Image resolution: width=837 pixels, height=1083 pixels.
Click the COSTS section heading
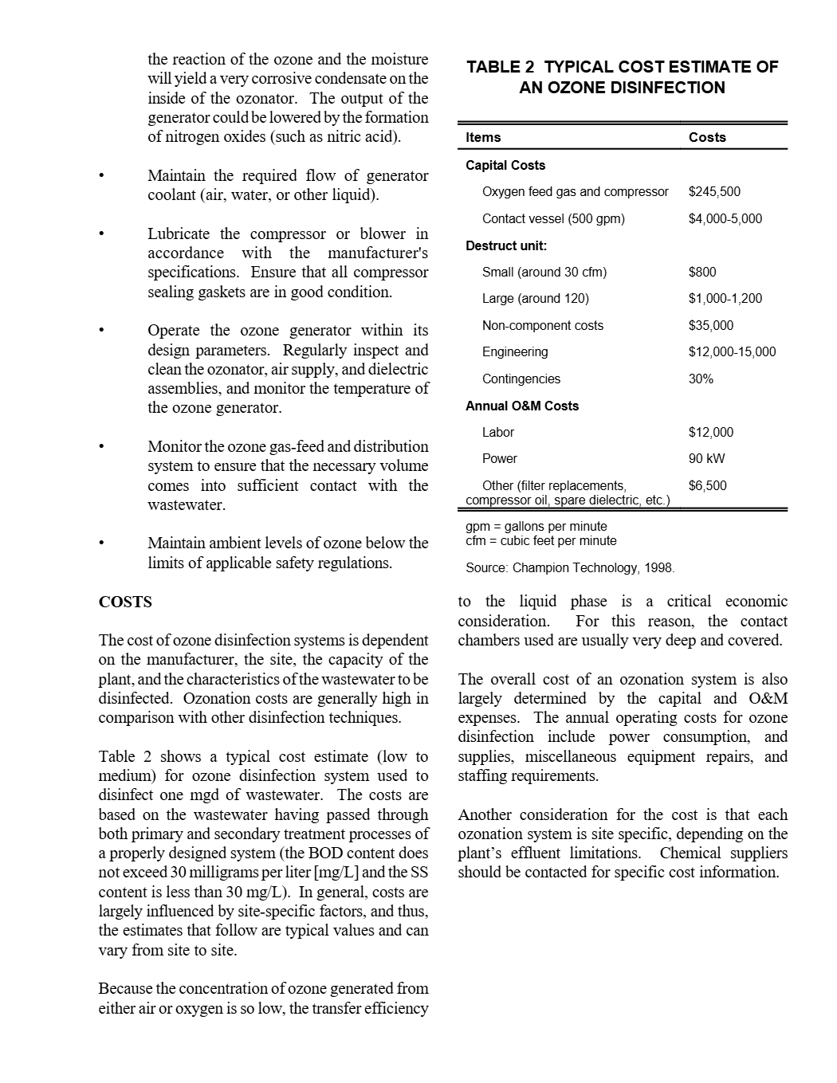[125, 602]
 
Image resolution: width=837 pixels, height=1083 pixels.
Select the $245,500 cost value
[714, 192]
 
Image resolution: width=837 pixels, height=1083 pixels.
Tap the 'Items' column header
[483, 138]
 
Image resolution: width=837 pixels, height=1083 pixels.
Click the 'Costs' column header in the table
[707, 138]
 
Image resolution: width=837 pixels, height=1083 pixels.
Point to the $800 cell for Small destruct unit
[702, 273]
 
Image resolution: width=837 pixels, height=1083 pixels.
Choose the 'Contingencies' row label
[521, 379]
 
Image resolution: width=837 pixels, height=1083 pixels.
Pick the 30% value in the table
[701, 379]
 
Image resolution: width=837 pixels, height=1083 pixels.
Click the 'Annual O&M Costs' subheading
[522, 406]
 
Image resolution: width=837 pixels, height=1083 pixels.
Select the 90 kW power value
[707, 459]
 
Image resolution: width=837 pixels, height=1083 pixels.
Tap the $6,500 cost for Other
[708, 486]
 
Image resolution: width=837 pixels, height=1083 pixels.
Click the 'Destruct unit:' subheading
[506, 245]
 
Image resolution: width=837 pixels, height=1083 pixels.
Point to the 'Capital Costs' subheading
[505, 166]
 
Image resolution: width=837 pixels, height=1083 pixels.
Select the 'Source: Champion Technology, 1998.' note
[570, 568]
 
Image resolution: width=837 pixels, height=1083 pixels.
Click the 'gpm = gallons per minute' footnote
[536, 527]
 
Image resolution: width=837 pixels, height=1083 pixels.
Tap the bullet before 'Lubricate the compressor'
[101, 234]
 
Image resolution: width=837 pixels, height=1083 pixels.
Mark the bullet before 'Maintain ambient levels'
[101, 543]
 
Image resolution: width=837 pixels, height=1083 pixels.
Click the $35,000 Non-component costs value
[711, 326]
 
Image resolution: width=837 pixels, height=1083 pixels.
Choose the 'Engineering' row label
[515, 352]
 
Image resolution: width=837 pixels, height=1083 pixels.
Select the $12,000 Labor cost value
[711, 433]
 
